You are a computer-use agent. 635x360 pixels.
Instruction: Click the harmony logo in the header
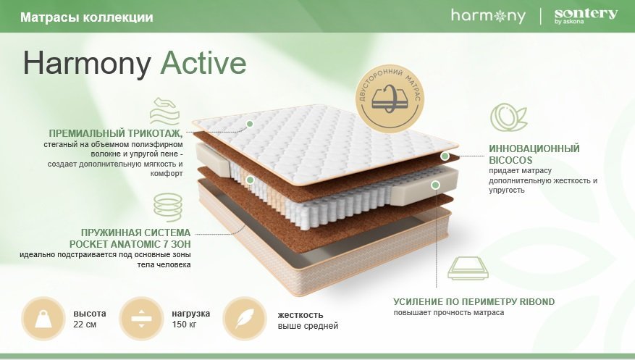pyautogui.click(x=488, y=16)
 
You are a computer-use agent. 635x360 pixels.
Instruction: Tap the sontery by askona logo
pyautogui.click(x=586, y=16)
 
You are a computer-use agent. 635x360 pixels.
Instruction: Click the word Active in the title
pyautogui.click(x=203, y=63)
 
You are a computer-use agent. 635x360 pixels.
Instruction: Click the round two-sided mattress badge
pyautogui.click(x=390, y=99)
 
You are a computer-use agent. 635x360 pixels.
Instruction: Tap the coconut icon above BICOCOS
pyautogui.click(x=508, y=117)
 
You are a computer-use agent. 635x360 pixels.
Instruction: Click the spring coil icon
pyautogui.click(x=168, y=207)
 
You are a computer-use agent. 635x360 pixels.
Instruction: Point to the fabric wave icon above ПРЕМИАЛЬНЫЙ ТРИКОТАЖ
pyautogui.click(x=164, y=111)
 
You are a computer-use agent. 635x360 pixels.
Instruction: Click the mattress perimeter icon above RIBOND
pyautogui.click(x=468, y=269)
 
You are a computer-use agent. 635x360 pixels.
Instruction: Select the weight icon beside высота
pyautogui.click(x=43, y=319)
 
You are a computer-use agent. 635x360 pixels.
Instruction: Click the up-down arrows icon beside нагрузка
pyautogui.click(x=141, y=319)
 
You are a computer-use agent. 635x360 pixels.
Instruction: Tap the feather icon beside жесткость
pyautogui.click(x=245, y=319)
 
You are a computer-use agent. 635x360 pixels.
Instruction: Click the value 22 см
pyautogui.click(x=85, y=325)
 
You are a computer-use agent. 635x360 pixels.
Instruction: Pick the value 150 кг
pyautogui.click(x=184, y=325)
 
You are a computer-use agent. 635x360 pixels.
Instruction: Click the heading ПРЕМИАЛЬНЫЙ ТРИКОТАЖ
pyautogui.click(x=115, y=133)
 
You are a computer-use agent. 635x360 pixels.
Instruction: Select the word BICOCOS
pyautogui.click(x=510, y=160)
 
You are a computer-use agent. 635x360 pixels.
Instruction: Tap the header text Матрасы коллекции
pyautogui.click(x=87, y=17)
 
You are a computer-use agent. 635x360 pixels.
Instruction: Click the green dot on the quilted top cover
pyautogui.click(x=250, y=124)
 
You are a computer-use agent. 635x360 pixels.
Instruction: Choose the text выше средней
pyautogui.click(x=308, y=326)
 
